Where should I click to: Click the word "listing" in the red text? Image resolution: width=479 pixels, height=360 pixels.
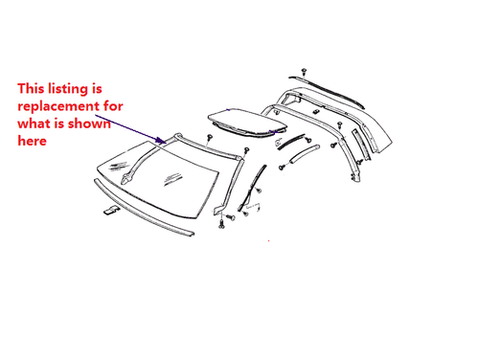(76, 87)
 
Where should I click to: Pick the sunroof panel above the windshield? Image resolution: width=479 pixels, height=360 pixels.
(243, 121)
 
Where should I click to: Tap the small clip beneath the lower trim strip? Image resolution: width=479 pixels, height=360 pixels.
(112, 210)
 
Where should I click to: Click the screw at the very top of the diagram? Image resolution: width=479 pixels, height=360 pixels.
(304, 71)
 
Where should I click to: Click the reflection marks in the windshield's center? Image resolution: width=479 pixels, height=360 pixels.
(173, 177)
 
